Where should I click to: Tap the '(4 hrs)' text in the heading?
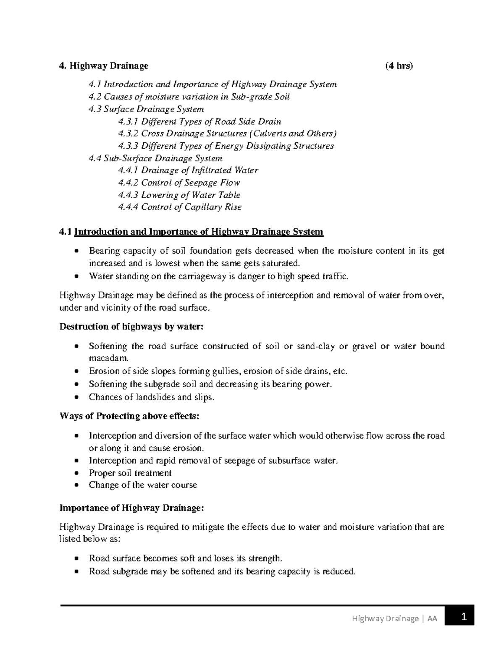pyautogui.click(x=399, y=66)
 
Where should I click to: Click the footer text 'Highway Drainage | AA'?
pyautogui.click(x=394, y=618)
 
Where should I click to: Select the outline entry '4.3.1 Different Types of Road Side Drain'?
pyautogui.click(x=199, y=122)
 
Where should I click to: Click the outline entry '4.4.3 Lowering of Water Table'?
pyautogui.click(x=179, y=195)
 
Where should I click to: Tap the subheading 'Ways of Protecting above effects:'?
pyautogui.click(x=129, y=416)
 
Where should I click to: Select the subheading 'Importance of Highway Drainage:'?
pyautogui.click(x=131, y=508)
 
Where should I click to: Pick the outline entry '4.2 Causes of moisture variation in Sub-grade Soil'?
pyautogui.click(x=189, y=97)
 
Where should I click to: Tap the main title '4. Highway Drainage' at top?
pyautogui.click(x=104, y=66)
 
